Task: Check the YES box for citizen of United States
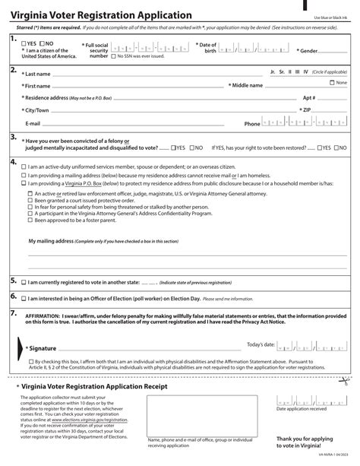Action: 24,43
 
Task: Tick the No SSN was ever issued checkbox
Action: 114,56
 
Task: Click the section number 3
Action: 13,137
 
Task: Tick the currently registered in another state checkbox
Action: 23,282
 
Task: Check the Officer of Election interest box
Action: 23,298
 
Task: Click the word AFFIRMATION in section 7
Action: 44,314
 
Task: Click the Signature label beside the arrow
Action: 45,347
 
